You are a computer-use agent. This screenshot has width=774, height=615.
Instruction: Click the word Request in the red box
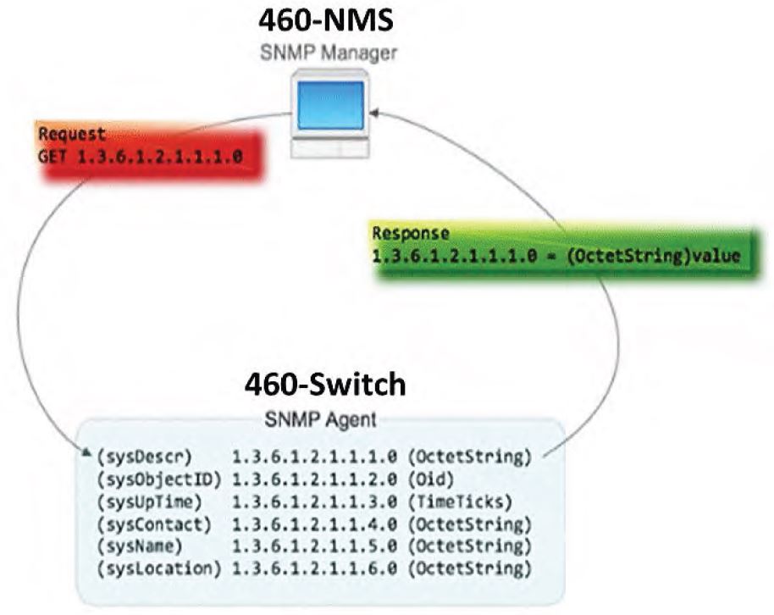coord(73,134)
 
